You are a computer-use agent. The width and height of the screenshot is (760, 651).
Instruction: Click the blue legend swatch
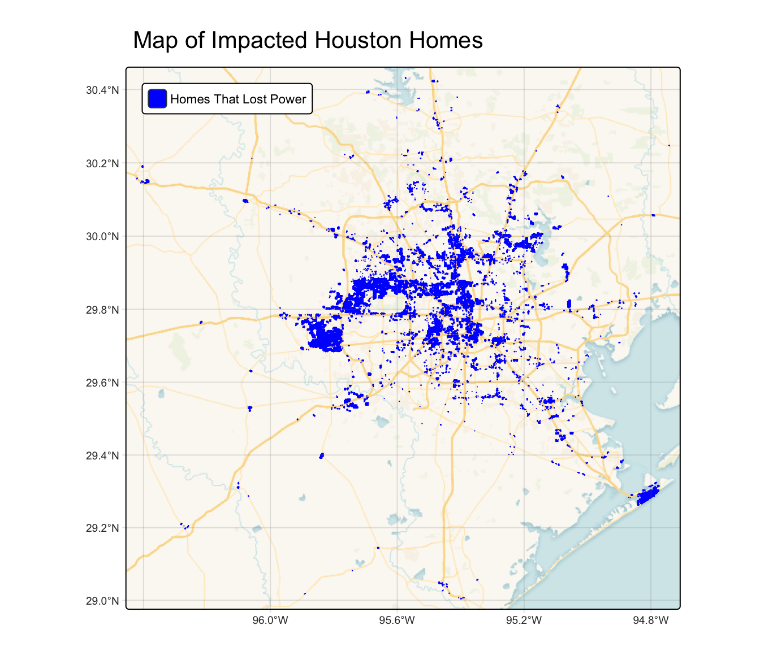157,99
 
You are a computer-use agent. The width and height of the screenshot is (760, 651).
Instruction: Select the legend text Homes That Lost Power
237,99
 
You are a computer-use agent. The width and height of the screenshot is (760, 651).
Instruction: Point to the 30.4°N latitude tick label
102,90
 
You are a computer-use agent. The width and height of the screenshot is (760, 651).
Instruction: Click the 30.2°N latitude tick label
102,164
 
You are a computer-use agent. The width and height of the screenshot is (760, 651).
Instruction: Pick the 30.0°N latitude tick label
102,236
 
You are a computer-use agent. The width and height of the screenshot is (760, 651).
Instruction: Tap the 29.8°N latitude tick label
102,310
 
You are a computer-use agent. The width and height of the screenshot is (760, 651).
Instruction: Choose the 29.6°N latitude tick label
102,383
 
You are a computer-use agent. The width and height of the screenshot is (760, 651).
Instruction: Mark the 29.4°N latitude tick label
102,455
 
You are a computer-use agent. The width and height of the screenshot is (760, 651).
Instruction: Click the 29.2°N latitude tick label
102,528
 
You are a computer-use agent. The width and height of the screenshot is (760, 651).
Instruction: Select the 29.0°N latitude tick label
102,601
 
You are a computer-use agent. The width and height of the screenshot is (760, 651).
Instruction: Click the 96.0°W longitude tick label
270,620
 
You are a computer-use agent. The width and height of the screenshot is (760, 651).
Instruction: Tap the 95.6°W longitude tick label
397,620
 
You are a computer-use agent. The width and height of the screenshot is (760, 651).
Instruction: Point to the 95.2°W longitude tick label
524,620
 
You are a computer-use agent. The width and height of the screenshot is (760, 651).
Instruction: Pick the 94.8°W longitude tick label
651,620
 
